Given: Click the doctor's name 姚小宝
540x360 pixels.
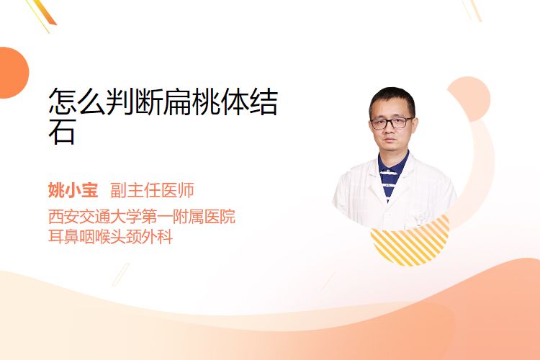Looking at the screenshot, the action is pos(73,190).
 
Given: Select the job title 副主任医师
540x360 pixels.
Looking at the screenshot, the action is pos(152,190).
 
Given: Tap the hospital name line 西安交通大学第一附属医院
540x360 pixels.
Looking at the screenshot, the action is pos(142,216).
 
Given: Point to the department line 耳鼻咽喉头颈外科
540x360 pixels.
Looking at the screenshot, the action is pos(110,237).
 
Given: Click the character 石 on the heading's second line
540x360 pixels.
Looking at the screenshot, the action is pos(62,132).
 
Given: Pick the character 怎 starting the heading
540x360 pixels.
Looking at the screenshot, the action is pos(63,102).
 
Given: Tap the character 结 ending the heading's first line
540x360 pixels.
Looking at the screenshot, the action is pos(264,102).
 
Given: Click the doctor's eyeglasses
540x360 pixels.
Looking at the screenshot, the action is pos(392,123).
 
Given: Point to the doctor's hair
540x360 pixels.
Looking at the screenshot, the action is pos(392,100).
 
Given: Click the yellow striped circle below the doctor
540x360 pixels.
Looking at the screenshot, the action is pos(410,243).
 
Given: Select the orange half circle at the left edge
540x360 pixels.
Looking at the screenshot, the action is pos(13,73).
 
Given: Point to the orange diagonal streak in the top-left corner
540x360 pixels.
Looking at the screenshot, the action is pos(45,13).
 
